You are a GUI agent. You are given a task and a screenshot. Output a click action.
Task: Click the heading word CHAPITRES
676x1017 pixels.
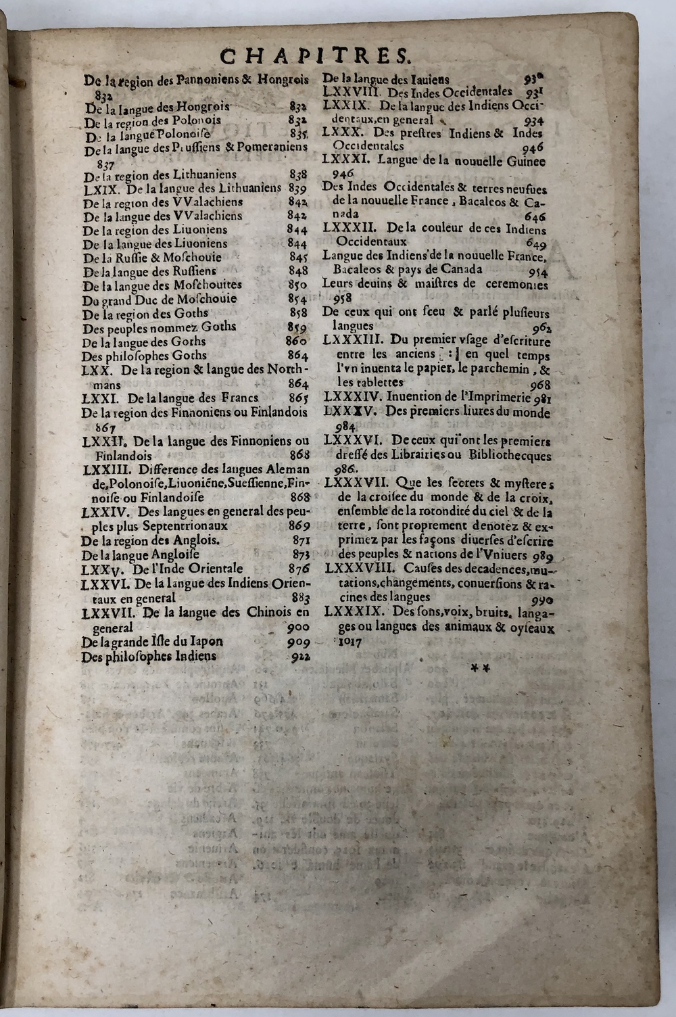pos(314,54)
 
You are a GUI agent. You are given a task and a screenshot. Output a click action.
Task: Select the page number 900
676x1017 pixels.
pos(297,628)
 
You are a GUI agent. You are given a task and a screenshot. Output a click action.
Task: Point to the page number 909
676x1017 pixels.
pos(297,642)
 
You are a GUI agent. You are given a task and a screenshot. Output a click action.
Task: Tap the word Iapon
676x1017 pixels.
pos(206,642)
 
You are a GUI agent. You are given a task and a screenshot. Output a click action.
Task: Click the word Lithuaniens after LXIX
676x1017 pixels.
pos(246,189)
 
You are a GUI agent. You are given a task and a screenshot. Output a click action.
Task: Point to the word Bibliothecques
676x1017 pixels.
pos(506,456)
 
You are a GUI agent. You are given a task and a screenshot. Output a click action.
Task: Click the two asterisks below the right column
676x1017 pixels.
pos(481,667)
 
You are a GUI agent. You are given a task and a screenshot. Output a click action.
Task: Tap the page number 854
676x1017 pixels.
pos(297,299)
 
